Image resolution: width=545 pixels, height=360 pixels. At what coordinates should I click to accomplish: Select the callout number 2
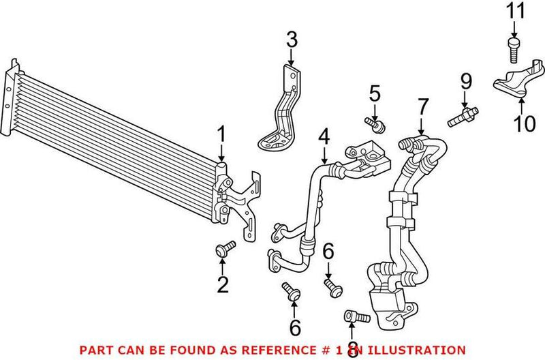[223, 284]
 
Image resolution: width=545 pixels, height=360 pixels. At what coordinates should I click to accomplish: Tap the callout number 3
[292, 40]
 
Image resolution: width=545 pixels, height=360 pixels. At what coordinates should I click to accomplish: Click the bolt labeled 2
[224, 250]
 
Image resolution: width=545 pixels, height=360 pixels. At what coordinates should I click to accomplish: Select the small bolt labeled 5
[374, 123]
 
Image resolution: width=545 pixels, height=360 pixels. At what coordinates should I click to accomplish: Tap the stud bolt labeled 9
[463, 115]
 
